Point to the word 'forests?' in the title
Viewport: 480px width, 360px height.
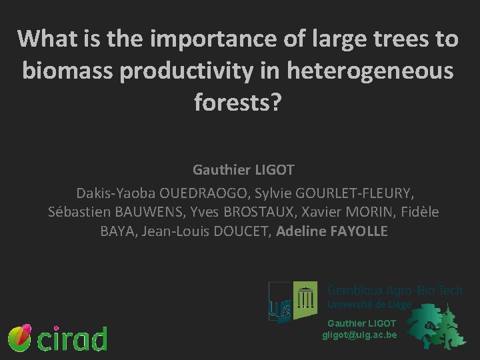239,101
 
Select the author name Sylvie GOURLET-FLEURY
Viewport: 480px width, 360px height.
329,193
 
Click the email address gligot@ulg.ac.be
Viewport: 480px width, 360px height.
359,335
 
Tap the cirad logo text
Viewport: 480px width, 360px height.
72,339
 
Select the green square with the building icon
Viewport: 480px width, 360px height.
305,300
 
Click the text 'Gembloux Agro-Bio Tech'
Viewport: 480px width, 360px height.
394,291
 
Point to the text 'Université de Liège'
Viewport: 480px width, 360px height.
369,305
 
